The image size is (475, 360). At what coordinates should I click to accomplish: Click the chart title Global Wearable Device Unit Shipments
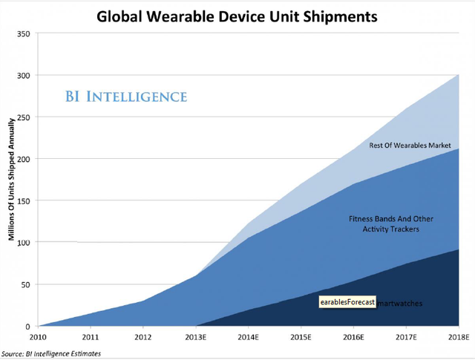[242, 14]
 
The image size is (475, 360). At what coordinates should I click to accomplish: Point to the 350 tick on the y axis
[24, 33]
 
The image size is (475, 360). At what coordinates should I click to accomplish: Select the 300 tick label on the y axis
[24, 76]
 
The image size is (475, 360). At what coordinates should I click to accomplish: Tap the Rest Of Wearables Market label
[410, 145]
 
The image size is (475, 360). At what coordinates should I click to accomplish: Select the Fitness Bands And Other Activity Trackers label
[391, 224]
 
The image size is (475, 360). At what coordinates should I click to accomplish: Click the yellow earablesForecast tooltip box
[347, 302]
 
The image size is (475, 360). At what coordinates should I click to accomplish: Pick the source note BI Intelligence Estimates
[51, 353]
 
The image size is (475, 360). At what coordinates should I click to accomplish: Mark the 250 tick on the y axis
[24, 117]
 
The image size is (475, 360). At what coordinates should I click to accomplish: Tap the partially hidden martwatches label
[401, 303]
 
